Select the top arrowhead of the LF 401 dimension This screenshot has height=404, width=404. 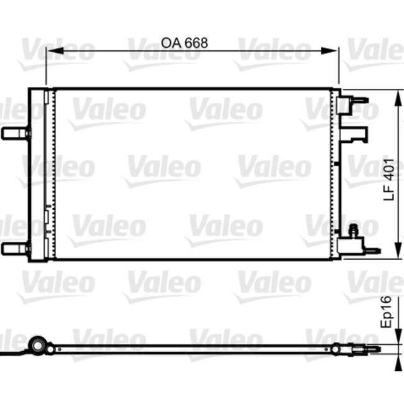point(396,94)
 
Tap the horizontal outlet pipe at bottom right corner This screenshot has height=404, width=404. point(371,250)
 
